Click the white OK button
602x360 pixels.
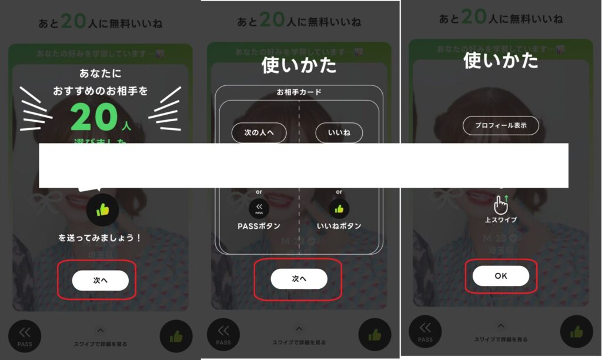click(x=500, y=276)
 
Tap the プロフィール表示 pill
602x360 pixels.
click(x=500, y=125)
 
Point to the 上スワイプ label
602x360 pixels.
click(x=500, y=220)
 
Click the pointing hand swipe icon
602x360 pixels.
click(x=500, y=204)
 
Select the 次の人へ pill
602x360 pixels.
click(x=259, y=133)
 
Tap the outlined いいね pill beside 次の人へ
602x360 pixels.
click(x=339, y=133)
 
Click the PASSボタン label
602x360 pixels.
click(x=259, y=226)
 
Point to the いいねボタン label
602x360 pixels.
click(x=339, y=226)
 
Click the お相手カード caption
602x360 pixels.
click(x=299, y=92)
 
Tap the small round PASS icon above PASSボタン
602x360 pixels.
click(x=259, y=208)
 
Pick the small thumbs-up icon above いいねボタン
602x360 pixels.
click(x=339, y=208)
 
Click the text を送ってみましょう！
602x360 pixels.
click(x=100, y=238)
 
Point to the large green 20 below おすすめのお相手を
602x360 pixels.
click(x=94, y=118)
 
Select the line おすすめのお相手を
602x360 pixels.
click(x=100, y=91)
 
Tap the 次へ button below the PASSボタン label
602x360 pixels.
click(x=299, y=279)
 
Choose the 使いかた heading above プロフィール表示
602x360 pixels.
click(x=500, y=60)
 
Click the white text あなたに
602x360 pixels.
click(x=100, y=75)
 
